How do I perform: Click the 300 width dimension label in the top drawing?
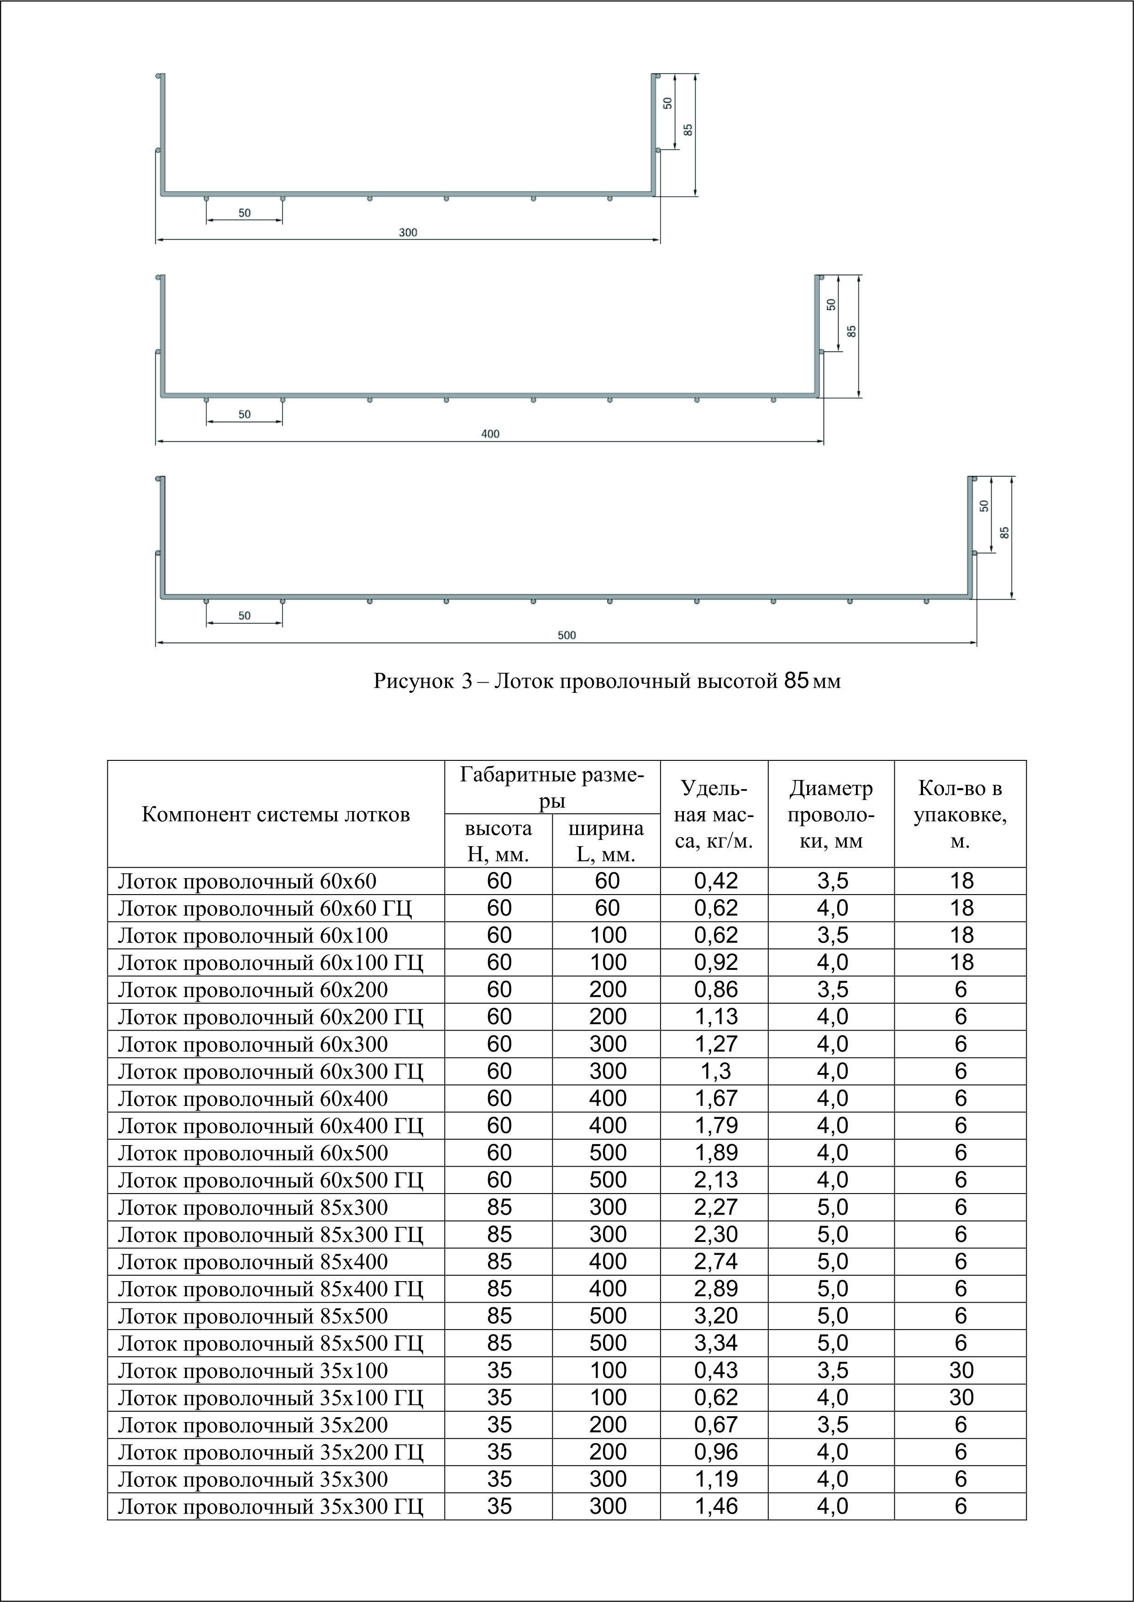pyautogui.click(x=408, y=232)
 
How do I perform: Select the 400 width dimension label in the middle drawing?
pyautogui.click(x=490, y=434)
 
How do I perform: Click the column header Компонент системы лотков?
pyautogui.click(x=276, y=815)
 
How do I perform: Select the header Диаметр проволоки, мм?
pyautogui.click(x=831, y=815)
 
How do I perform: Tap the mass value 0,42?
pyautogui.click(x=716, y=881)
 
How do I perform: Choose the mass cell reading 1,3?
pyautogui.click(x=716, y=1071)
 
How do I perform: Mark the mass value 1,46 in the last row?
pyautogui.click(x=716, y=1506)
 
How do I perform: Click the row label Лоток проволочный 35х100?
pyautogui.click(x=253, y=1370)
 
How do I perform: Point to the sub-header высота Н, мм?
pyautogui.click(x=499, y=841)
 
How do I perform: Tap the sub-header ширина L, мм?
pyautogui.click(x=606, y=841)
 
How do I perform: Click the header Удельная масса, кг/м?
pyautogui.click(x=714, y=815)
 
